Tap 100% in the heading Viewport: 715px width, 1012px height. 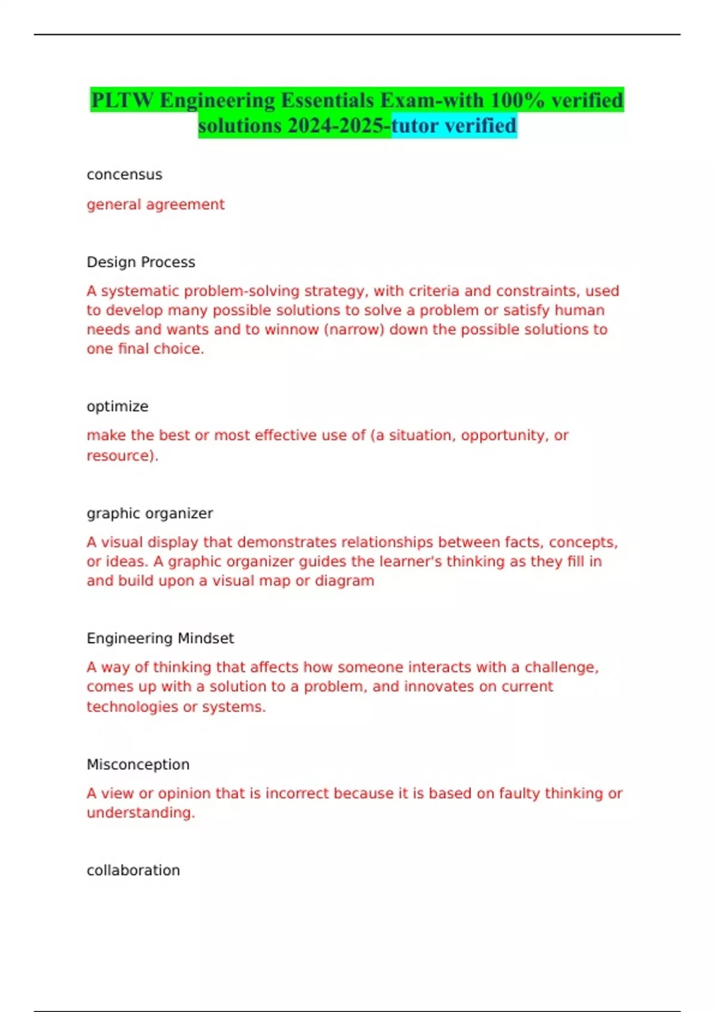[517, 100]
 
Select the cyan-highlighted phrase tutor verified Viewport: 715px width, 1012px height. [454, 126]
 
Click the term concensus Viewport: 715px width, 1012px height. [125, 174]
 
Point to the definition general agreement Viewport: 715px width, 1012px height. [156, 204]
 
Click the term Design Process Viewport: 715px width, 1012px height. [141, 262]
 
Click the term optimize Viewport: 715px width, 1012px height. [117, 407]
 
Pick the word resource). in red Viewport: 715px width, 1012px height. [122, 455]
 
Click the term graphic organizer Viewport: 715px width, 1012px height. [150, 513]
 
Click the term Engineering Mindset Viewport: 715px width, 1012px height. [160, 638]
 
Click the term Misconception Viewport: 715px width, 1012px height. [138, 764]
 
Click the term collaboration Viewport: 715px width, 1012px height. [133, 870]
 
